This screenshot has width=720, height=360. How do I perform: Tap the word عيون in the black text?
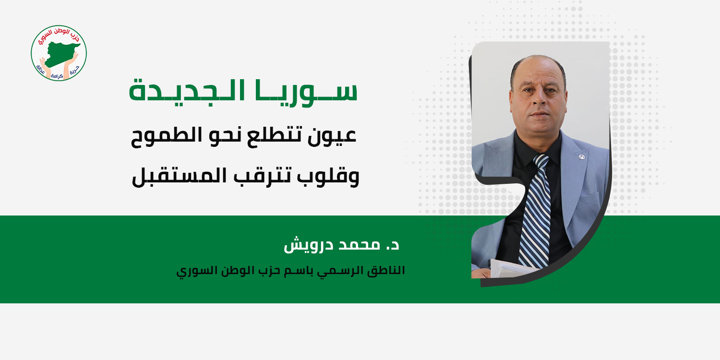[x=332, y=136]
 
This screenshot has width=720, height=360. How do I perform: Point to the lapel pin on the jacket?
[x=581, y=157]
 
